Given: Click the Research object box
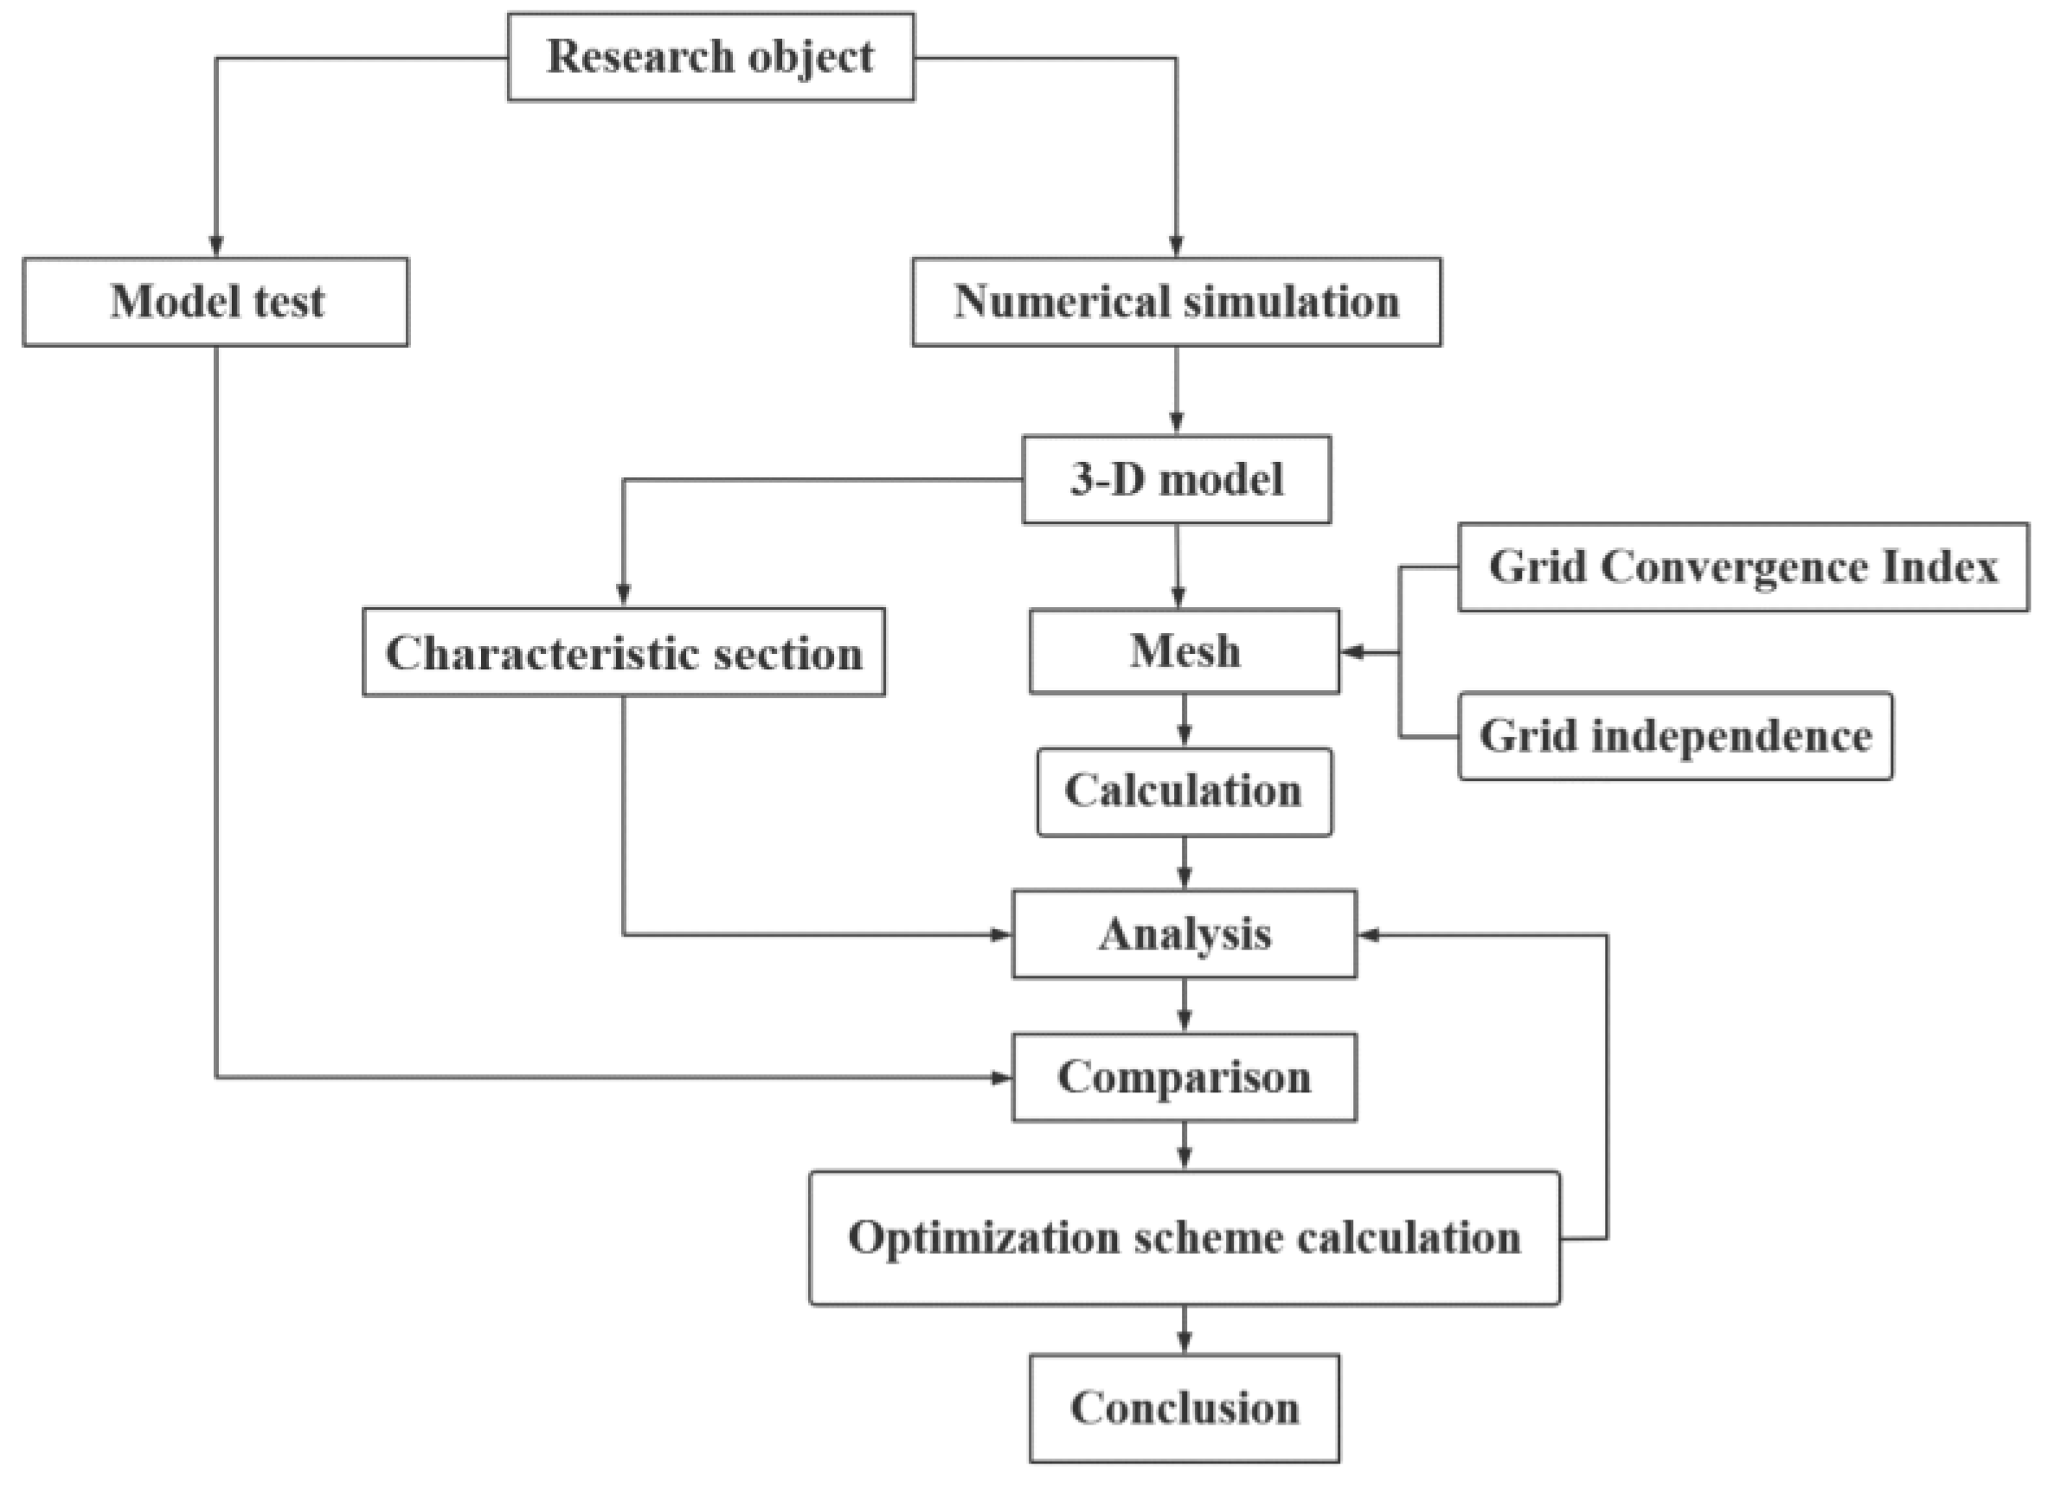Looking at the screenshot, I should [x=711, y=56].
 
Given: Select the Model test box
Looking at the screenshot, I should [x=215, y=302].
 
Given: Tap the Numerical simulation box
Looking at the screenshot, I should [x=1177, y=302].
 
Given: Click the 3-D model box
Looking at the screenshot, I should [x=1177, y=479].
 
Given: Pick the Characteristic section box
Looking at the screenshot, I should [x=624, y=652].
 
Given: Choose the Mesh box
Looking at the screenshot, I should [x=1184, y=651].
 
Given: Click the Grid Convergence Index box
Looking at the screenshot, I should [x=1743, y=566].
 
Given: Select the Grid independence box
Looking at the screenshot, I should [x=1674, y=735].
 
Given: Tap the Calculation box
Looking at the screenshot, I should [x=1184, y=791].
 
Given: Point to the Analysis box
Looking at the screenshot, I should [x=1184, y=933].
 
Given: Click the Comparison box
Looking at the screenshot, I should [x=1184, y=1077].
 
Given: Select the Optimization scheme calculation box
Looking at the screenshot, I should [x=1184, y=1238].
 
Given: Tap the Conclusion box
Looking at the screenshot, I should [x=1184, y=1408].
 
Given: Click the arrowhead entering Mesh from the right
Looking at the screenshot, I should [x=1352, y=652].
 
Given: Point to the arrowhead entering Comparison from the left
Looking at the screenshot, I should [x=1001, y=1078].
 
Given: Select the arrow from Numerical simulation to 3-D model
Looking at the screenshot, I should [x=1177, y=389].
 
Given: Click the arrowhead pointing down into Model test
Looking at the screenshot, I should [x=215, y=246].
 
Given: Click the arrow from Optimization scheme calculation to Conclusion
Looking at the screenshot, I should [x=1184, y=1328].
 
